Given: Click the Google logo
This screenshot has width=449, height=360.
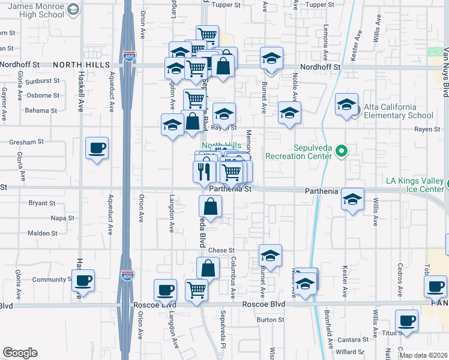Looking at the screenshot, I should pyautogui.click(x=20, y=353).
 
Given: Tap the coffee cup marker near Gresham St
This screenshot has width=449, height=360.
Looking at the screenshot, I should pyautogui.click(x=97, y=148).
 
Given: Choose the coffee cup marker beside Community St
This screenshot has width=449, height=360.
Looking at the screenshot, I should pyautogui.click(x=83, y=280).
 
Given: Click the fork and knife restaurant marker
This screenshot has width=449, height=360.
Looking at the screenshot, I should pyautogui.click(x=204, y=171).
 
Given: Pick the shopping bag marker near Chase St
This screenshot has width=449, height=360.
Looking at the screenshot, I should pyautogui.click(x=208, y=268).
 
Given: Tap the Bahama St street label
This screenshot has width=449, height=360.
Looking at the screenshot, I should pyautogui.click(x=41, y=110).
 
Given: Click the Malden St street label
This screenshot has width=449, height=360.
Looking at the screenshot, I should pyautogui.click(x=42, y=233).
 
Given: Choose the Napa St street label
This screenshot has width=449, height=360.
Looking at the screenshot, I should pyautogui.click(x=62, y=218).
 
